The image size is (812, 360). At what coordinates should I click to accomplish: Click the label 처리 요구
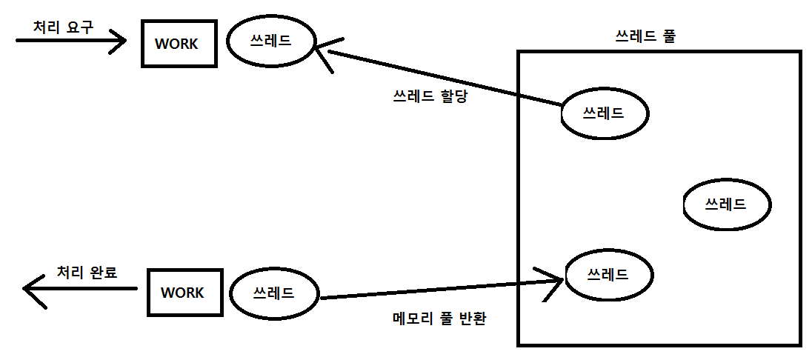[x=64, y=27]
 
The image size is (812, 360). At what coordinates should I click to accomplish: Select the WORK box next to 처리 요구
[x=179, y=44]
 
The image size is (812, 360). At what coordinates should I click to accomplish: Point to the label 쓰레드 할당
[x=430, y=96]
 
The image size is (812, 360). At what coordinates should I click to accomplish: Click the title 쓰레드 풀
[x=645, y=36]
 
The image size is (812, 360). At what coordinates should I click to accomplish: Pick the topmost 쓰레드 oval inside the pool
[x=604, y=113]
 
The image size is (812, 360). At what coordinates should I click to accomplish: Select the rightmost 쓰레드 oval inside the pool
[x=726, y=204]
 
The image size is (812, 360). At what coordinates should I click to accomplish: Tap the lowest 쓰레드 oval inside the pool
[x=608, y=274]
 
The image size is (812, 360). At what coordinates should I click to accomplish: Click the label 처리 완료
[x=87, y=272]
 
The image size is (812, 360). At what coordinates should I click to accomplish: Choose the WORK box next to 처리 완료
[x=183, y=293]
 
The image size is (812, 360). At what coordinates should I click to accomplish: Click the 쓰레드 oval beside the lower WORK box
[x=274, y=293]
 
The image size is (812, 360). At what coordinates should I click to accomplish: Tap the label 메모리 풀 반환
[x=439, y=319]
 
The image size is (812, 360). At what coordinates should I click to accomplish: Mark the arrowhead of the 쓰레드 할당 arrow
[x=320, y=51]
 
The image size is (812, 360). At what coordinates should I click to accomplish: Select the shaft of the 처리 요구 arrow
[x=67, y=41]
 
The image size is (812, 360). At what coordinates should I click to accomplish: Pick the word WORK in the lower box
[x=183, y=293]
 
